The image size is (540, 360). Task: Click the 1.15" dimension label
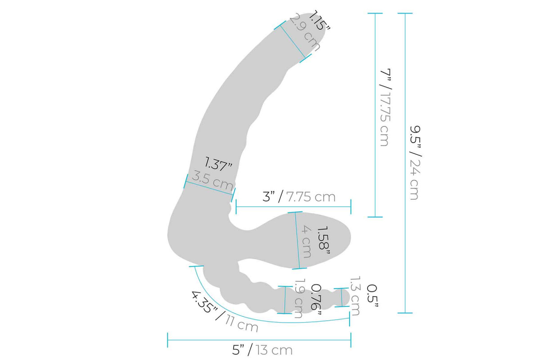[319, 21]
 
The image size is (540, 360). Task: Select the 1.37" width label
[218, 164]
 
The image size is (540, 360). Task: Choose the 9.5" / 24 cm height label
[415, 162]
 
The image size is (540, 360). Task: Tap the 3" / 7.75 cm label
[299, 197]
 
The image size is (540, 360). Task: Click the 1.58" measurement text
[323, 240]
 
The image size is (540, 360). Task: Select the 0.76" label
[316, 300]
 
